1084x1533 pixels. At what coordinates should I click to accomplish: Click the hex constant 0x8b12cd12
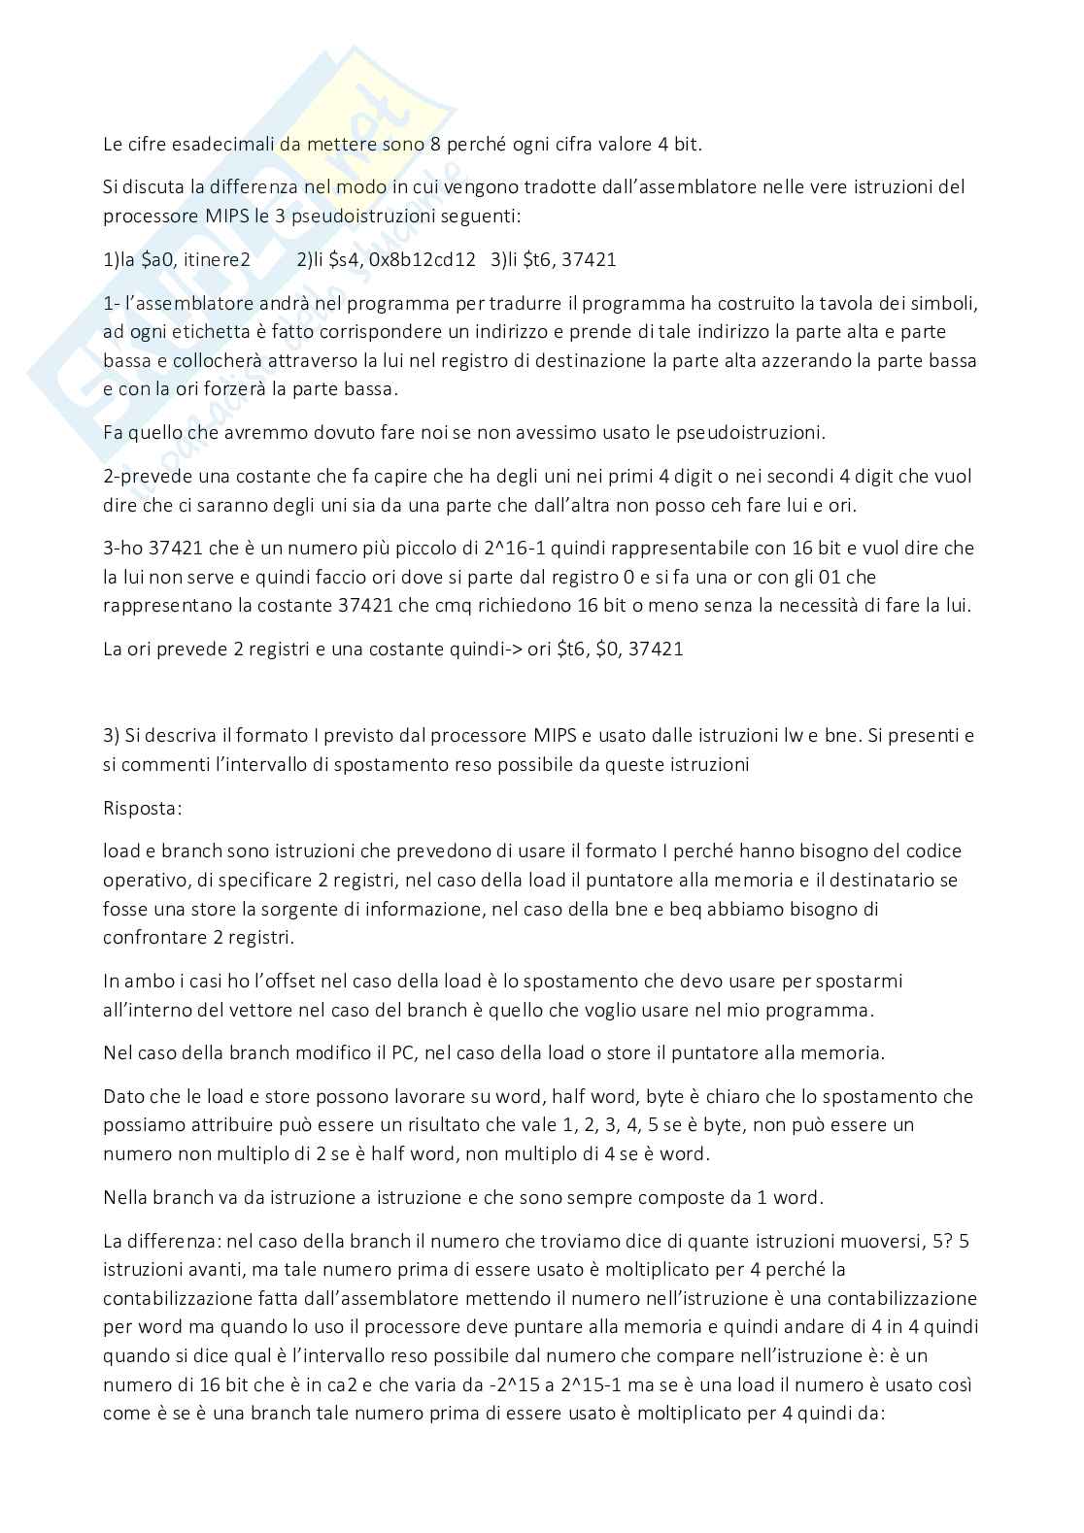pos(423,260)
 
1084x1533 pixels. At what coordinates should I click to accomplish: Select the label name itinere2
pos(217,260)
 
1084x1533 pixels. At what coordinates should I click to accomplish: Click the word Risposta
pos(142,808)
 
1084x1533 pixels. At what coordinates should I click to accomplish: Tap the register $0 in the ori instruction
pos(606,649)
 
